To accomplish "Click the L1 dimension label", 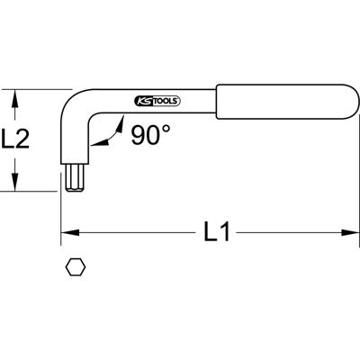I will (x=217, y=234).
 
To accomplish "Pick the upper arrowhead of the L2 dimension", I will (x=13, y=94).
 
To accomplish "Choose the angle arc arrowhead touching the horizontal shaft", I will (x=121, y=119).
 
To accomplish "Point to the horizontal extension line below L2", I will (x=36, y=191).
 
